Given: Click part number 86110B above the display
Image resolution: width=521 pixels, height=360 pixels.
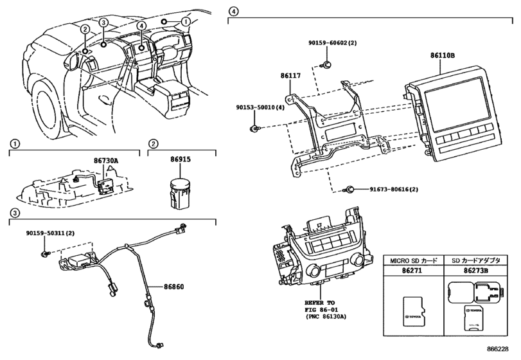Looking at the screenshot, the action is point(442,55).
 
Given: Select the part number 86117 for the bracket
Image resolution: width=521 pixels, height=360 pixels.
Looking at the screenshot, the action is point(290,75).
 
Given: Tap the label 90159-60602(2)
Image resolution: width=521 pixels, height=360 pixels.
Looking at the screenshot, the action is point(332,43).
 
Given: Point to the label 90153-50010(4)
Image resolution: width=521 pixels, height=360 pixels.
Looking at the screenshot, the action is point(260,108).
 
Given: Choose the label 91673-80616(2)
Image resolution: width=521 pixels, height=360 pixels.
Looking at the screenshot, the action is point(394,190).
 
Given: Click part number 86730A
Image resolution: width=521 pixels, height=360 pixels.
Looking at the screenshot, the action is point(105,161).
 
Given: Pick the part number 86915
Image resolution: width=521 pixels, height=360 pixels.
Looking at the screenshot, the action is point(181,159).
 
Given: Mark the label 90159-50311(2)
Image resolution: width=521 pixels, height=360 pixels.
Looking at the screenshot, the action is point(50,233).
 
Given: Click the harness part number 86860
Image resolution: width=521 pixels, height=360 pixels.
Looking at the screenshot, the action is point(173,287).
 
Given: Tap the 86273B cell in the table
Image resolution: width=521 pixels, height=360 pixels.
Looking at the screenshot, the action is point(476,271).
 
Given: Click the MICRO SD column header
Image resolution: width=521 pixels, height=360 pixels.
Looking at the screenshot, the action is point(414,260).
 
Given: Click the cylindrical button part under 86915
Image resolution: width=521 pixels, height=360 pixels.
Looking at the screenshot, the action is point(179,194).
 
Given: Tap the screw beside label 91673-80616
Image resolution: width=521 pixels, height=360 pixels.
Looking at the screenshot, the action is point(349,190).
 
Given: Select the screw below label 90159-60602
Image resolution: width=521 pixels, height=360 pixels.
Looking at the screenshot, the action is point(326,65).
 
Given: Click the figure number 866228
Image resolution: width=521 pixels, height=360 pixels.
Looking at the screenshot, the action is point(498,349).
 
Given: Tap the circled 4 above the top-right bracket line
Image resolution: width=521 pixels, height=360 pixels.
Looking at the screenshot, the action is point(234,12).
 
